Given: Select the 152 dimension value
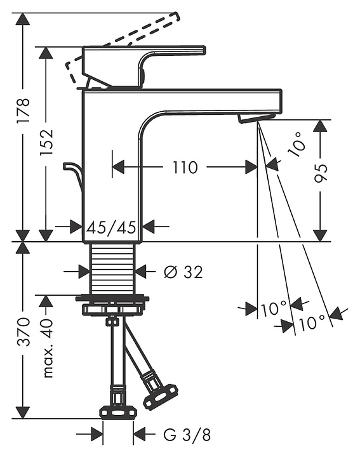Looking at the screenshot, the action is tap(46, 142).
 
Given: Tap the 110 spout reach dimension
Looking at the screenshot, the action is tap(185, 168).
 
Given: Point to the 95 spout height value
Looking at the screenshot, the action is tap(321, 173).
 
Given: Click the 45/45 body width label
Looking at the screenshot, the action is tap(112, 227).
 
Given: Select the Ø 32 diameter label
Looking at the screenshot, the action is tap(183, 272).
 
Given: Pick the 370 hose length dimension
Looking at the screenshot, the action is tap(23, 332).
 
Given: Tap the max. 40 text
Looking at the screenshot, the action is tap(46, 348).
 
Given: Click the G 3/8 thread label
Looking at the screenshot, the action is tap(187, 435).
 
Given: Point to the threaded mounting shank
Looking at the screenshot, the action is tap(113, 268).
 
